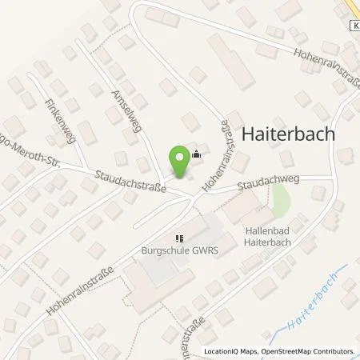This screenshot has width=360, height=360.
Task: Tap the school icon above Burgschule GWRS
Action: [x=180, y=237]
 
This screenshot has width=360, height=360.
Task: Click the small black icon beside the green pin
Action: [x=196, y=157]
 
